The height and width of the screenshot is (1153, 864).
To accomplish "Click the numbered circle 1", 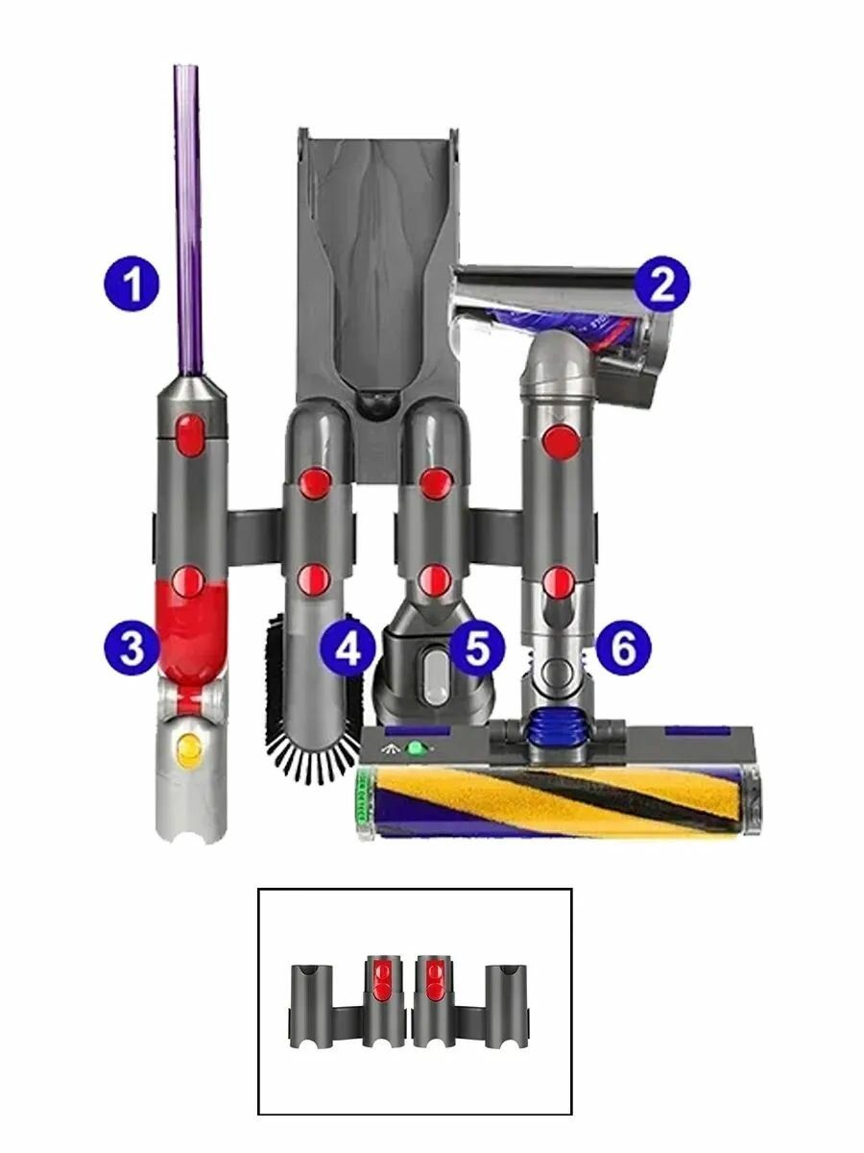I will [x=133, y=283].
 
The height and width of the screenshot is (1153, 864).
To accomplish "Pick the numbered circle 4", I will [x=348, y=650].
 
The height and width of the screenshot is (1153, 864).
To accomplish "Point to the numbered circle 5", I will [x=476, y=650].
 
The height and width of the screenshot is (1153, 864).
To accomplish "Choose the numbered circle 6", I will [x=622, y=650].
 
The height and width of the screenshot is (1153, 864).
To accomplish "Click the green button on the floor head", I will [x=416, y=748].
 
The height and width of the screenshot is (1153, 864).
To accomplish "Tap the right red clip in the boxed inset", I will [x=431, y=978].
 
